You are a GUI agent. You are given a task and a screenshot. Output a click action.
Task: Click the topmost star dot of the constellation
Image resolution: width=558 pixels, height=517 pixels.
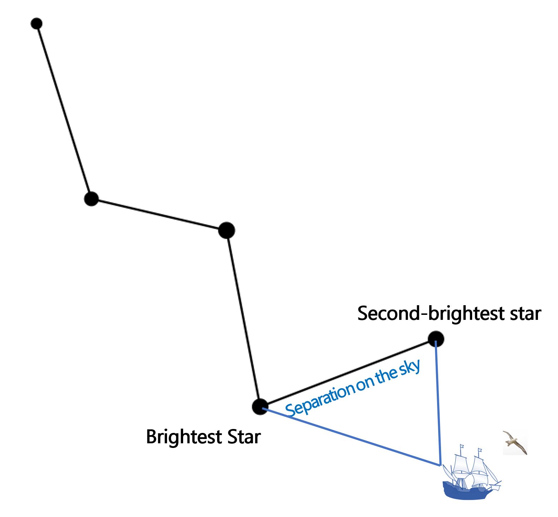(x=36, y=24)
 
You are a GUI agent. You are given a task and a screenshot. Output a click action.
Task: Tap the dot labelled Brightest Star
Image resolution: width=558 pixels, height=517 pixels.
(x=260, y=407)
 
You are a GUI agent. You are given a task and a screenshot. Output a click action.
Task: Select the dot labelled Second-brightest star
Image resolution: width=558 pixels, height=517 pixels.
(x=436, y=338)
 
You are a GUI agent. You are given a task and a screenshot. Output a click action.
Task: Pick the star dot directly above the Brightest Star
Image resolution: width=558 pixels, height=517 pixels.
(x=226, y=230)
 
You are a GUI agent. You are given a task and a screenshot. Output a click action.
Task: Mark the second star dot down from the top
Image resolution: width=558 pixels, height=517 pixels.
(x=92, y=199)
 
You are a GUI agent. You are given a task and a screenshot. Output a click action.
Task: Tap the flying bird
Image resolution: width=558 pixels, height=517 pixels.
(x=515, y=443)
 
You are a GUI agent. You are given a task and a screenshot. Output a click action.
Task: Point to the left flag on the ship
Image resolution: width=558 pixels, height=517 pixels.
(x=462, y=447)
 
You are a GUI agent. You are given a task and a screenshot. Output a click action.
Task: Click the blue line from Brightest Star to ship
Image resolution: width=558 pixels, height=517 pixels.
(x=351, y=436)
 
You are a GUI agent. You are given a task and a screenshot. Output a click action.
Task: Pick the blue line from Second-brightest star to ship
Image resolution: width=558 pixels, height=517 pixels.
(x=438, y=404)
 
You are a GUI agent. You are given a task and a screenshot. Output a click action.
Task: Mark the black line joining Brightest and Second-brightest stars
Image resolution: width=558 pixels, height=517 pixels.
(x=347, y=373)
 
